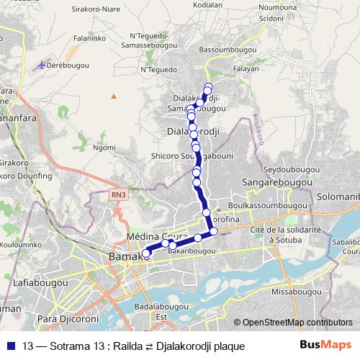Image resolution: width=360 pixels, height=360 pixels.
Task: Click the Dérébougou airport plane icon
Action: coord(40,66)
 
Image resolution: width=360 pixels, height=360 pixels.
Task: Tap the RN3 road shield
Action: coord(119,194)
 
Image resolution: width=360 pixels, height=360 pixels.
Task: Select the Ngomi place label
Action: coord(104,148)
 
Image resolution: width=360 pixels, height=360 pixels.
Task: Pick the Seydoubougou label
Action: coord(290,168)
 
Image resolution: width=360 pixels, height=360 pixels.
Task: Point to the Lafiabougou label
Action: coord(37,284)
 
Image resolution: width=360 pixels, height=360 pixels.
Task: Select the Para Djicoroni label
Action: coord(67,317)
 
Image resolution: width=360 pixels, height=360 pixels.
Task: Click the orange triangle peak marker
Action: coord(113,95)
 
